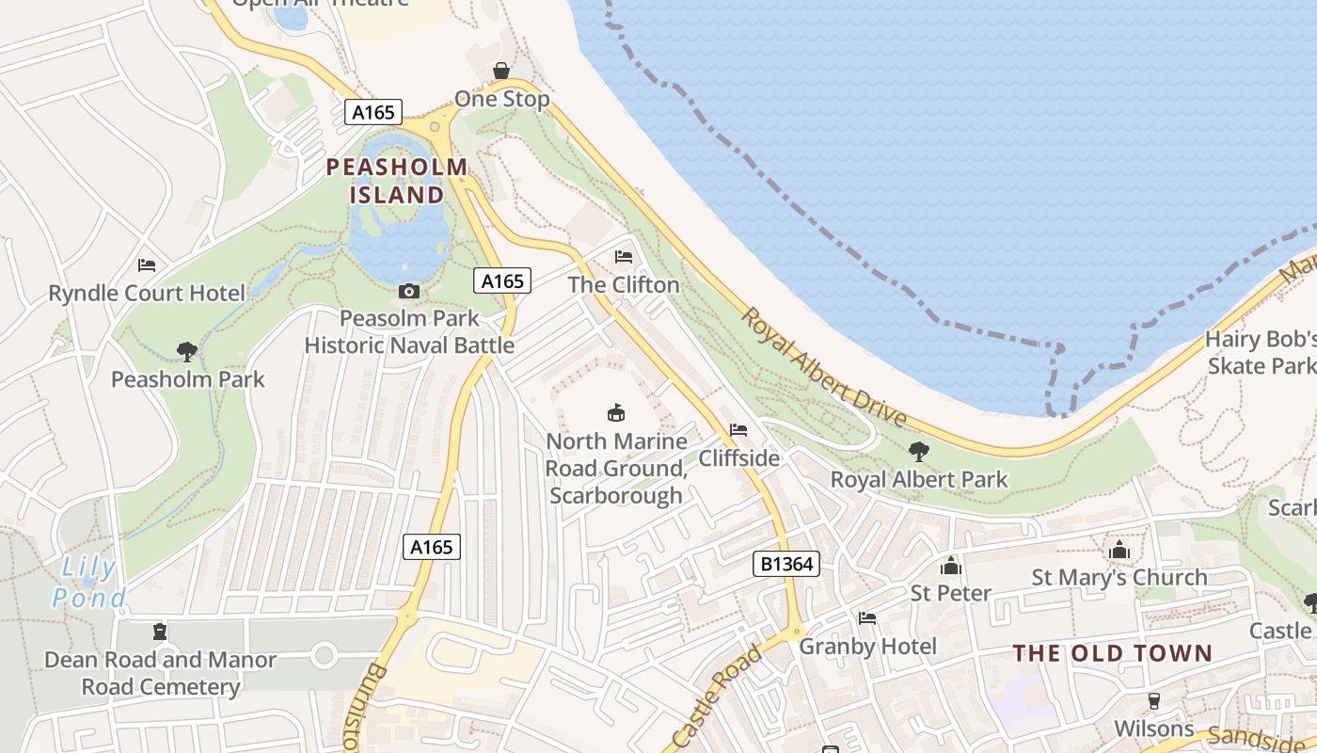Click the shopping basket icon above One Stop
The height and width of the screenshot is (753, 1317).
click(x=501, y=72)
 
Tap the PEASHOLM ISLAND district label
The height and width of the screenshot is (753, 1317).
click(x=397, y=182)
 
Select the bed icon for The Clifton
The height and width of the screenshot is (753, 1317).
click(x=623, y=256)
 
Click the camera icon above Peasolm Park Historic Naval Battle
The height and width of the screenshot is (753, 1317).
click(x=408, y=291)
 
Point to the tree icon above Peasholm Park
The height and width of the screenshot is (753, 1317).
click(x=187, y=352)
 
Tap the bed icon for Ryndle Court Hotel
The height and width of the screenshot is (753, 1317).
click(x=146, y=265)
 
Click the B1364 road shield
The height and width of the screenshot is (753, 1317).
click(x=786, y=564)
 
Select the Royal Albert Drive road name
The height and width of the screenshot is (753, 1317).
click(x=824, y=368)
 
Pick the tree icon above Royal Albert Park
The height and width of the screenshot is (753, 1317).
click(x=918, y=452)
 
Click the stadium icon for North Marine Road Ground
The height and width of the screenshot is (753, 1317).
click(x=616, y=412)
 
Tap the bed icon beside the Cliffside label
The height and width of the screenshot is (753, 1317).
click(x=738, y=430)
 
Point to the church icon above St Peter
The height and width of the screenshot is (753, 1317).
click(x=951, y=566)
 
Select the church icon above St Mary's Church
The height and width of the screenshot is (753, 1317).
click(x=1119, y=550)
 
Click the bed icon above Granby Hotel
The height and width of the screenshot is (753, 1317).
click(x=867, y=618)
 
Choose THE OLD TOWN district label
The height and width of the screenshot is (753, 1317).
click(x=1112, y=653)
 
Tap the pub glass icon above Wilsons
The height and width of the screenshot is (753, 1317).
click(x=1153, y=701)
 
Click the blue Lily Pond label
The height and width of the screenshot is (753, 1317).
click(x=89, y=583)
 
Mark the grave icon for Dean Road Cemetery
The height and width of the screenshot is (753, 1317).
click(x=160, y=632)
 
